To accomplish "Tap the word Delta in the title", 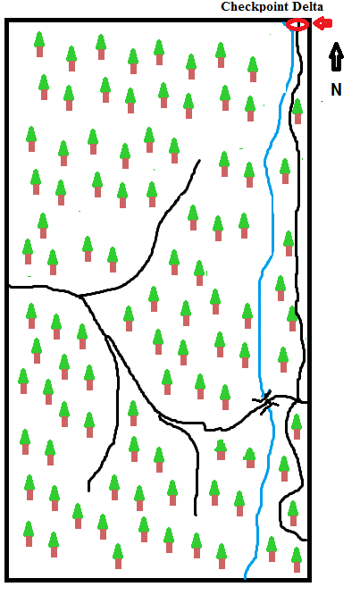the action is pyautogui.click(x=309, y=6).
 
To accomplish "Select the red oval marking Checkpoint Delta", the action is pyautogui.click(x=297, y=25).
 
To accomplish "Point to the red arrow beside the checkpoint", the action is pyautogui.click(x=322, y=24).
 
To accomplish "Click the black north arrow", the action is pyautogui.click(x=336, y=57).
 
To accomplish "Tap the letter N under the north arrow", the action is pyautogui.click(x=336, y=89).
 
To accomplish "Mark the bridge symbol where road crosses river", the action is pyautogui.click(x=266, y=402).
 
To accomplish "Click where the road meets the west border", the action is pyautogui.click(x=9, y=287).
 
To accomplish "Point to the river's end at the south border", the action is pyautogui.click(x=245, y=577).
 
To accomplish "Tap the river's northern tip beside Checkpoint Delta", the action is pyautogui.click(x=284, y=24).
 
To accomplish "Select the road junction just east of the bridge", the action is pyautogui.click(x=298, y=401).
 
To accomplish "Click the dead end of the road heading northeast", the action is pyautogui.click(x=199, y=160).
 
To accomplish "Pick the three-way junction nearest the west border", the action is pyautogui.click(x=80, y=297).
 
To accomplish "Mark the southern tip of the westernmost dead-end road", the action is pyautogui.click(x=89, y=490).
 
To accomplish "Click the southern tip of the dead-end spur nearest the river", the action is pyautogui.click(x=196, y=515).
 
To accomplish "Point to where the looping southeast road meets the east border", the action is pyautogui.click(x=306, y=541).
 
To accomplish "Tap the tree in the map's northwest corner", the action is pyautogui.click(x=39, y=44).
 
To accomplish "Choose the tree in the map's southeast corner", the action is pyautogui.click(x=297, y=559).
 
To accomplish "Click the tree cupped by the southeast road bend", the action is pyautogui.click(x=293, y=513).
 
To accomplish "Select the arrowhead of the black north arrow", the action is pyautogui.click(x=336, y=49).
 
